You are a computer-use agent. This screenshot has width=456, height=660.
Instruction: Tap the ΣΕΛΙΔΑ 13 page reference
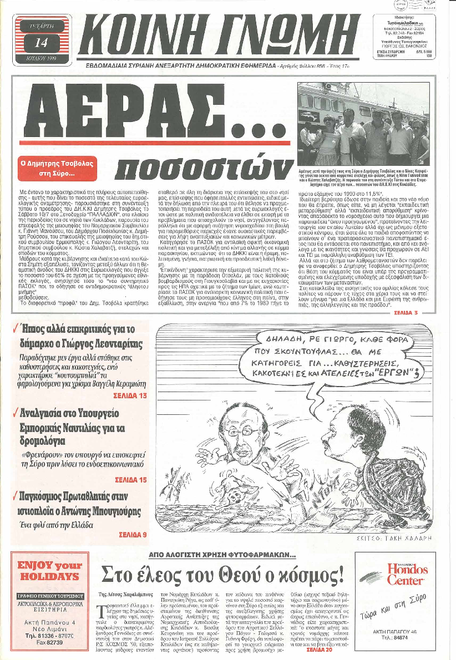[130, 395]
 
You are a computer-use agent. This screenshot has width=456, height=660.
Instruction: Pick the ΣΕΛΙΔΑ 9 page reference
[133, 535]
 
